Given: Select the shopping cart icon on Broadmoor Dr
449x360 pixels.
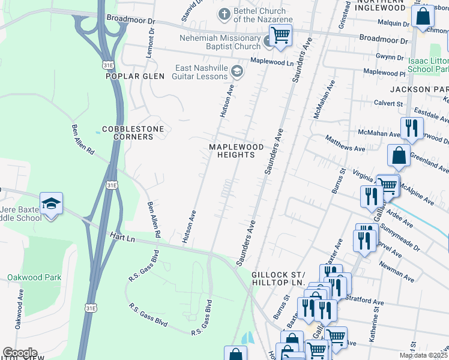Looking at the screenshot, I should tap(280, 36).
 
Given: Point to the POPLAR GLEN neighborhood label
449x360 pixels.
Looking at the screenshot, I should tap(131, 76).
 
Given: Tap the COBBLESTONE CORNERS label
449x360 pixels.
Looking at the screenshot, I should tap(127, 133).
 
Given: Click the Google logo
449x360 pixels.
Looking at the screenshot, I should tap(19, 353).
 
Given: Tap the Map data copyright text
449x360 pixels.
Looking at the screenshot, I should tap(423, 355).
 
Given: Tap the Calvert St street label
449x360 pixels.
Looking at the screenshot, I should tap(388, 103).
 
